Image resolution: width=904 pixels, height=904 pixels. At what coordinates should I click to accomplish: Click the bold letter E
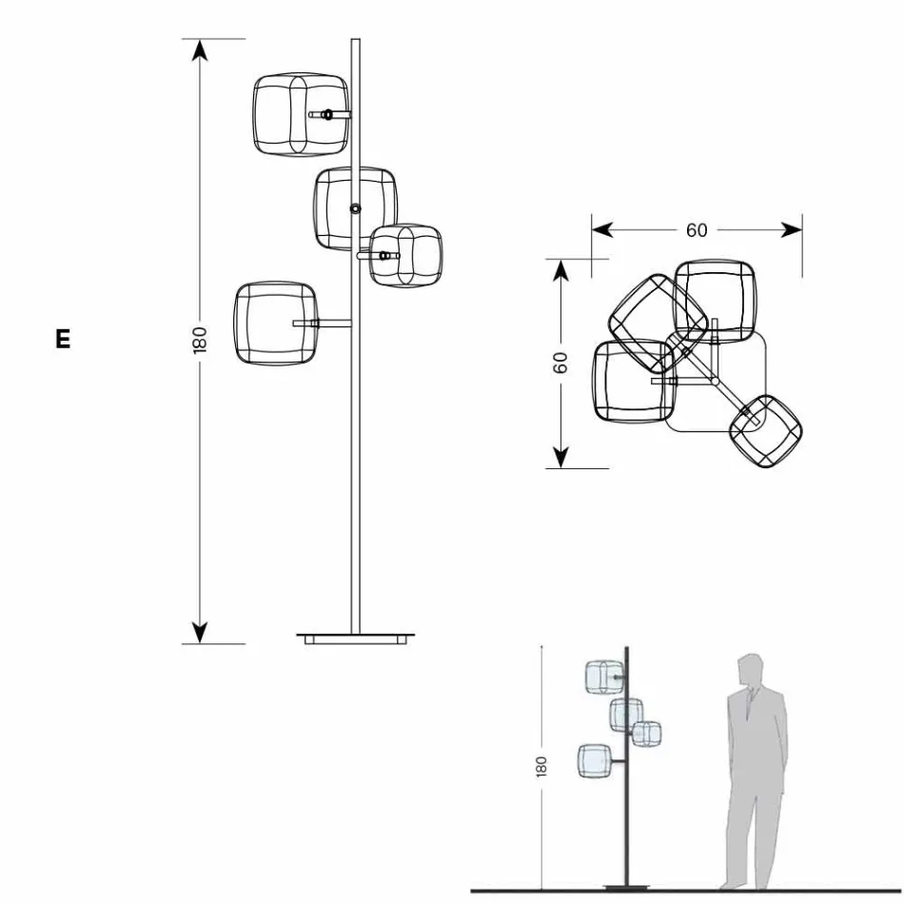click(x=63, y=339)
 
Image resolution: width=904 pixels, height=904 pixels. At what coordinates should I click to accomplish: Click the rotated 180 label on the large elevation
click(x=200, y=340)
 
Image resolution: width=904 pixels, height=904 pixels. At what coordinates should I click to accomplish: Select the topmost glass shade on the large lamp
click(x=300, y=114)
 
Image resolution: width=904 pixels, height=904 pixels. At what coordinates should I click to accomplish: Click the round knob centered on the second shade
click(x=355, y=207)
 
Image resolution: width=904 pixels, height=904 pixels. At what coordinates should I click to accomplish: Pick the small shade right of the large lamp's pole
click(x=406, y=255)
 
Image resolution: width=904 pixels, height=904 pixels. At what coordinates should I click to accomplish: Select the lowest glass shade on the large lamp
click(x=276, y=324)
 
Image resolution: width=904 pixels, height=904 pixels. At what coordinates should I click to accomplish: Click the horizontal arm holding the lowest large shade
click(x=324, y=324)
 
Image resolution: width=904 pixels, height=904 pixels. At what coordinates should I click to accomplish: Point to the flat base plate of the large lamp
click(x=357, y=636)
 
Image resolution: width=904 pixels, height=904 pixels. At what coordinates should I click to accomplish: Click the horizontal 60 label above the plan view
click(x=697, y=230)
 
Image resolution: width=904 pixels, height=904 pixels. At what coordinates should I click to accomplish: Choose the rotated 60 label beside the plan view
click(x=561, y=363)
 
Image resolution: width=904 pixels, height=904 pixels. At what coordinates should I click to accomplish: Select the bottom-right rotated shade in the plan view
click(x=767, y=431)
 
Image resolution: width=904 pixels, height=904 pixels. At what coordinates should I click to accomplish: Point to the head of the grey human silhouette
click(x=751, y=669)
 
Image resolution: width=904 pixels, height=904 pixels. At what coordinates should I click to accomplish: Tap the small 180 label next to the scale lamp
click(x=541, y=766)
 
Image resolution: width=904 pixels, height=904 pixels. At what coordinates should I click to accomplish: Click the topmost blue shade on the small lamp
click(x=602, y=676)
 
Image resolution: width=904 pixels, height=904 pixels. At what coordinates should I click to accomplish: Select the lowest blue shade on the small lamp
click(x=594, y=760)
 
